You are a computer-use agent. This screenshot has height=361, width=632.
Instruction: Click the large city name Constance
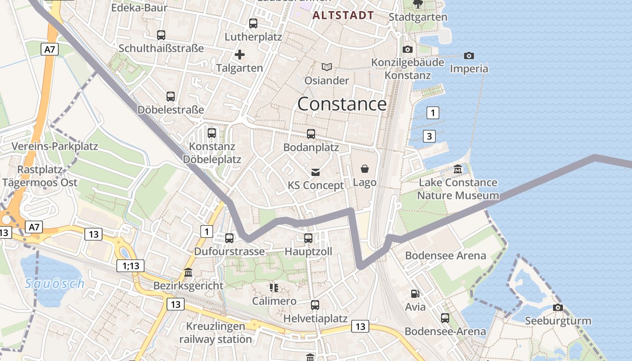click(342, 104)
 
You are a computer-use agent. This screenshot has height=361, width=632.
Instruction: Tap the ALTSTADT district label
click(343, 15)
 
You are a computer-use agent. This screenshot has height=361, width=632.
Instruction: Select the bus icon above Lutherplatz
click(253, 23)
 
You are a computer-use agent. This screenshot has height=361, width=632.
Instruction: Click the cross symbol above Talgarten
click(239, 55)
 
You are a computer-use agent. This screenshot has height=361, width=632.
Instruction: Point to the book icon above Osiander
click(327, 67)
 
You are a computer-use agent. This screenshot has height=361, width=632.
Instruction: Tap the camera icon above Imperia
click(469, 56)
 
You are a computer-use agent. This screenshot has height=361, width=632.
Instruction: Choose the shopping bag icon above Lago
click(365, 169)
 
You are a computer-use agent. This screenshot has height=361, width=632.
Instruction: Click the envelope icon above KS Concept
click(316, 172)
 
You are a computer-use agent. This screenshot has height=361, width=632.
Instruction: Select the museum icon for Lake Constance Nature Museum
click(458, 169)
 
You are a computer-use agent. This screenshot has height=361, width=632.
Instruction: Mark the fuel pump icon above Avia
click(415, 293)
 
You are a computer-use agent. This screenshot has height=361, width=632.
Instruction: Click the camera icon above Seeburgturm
click(558, 307)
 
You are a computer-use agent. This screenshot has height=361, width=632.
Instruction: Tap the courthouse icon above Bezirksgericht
click(188, 273)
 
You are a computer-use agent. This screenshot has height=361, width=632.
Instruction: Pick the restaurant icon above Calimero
click(274, 287)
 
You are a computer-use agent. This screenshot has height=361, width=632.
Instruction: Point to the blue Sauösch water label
click(55, 283)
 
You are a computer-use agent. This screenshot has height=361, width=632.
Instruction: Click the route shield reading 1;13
click(130, 266)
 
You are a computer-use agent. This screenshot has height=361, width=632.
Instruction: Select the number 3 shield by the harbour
click(429, 136)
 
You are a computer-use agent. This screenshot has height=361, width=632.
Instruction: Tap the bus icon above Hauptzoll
click(308, 238)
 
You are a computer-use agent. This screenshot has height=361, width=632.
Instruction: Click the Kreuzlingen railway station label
click(215, 333)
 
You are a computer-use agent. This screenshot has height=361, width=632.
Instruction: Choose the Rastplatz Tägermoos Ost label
click(40, 176)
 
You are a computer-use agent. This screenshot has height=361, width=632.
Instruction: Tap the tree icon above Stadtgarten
click(418, 4)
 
